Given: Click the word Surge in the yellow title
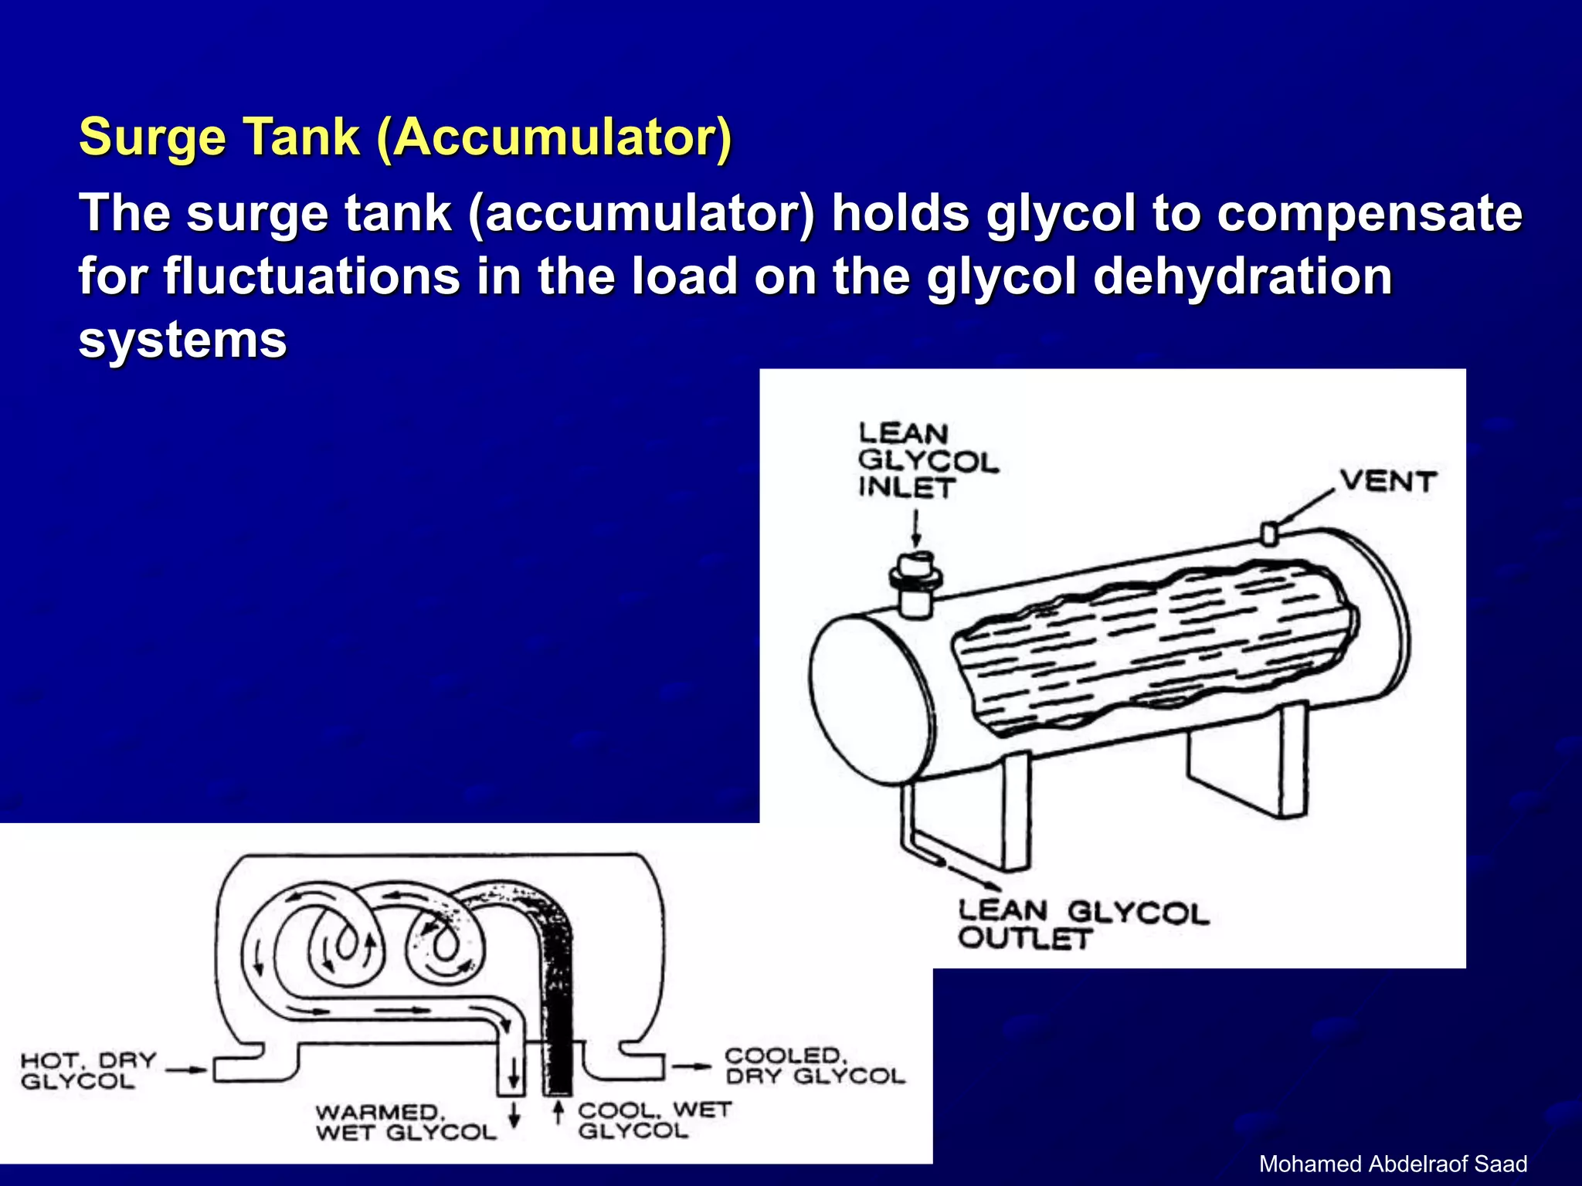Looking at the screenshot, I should point(152,137).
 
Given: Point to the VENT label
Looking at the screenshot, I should point(1388,482).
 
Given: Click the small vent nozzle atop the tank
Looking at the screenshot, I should point(1268,534).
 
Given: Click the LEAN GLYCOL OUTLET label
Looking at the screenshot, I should point(1081,924).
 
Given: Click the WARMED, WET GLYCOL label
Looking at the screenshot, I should point(405,1123).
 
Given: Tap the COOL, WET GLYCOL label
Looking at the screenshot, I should point(654,1120).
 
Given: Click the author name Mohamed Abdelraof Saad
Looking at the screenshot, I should point(1393,1164).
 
